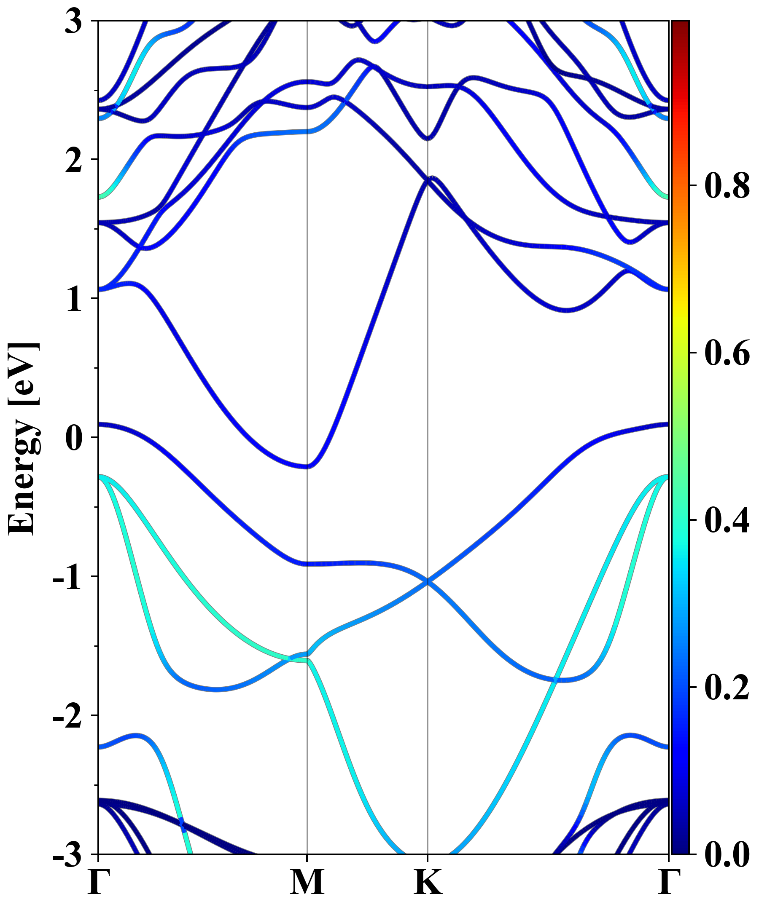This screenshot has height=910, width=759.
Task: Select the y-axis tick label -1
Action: (67, 578)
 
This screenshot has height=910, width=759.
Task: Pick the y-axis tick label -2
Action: (67, 717)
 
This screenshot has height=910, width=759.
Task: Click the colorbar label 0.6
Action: (727, 353)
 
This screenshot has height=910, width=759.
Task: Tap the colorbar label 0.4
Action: (727, 520)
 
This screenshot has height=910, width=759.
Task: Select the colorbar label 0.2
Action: (727, 687)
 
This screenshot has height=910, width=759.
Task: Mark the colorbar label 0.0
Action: (727, 854)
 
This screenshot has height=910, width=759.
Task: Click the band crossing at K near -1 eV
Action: (428, 581)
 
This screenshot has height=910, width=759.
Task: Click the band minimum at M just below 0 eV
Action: (307, 466)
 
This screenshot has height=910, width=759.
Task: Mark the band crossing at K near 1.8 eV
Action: (427, 181)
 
